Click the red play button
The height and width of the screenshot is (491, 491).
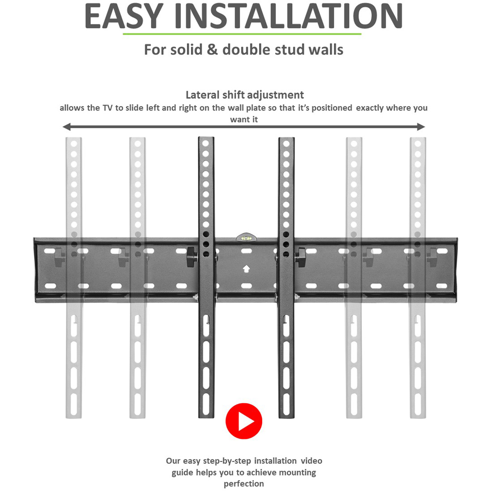click(244, 421)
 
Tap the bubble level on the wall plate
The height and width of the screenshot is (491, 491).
click(246, 237)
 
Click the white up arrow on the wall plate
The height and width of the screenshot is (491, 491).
click(246, 269)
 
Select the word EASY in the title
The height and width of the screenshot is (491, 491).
click(124, 16)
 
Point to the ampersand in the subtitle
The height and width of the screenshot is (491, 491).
click(212, 50)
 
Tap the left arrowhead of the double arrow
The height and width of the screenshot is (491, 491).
click(67, 127)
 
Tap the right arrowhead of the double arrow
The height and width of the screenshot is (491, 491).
click(421, 127)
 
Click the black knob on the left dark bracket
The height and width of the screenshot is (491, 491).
click(192, 257)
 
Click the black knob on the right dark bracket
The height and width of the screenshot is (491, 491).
click(300, 257)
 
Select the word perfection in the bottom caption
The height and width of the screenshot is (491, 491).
click(244, 484)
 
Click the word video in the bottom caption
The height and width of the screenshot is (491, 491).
click(311, 461)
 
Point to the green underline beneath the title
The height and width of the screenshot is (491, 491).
click(242, 34)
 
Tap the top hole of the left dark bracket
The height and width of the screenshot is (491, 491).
click(206, 143)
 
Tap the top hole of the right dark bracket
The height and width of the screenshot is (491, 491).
click(286, 143)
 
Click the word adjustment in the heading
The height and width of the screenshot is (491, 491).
click(276, 95)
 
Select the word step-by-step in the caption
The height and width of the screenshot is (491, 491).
click(227, 461)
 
